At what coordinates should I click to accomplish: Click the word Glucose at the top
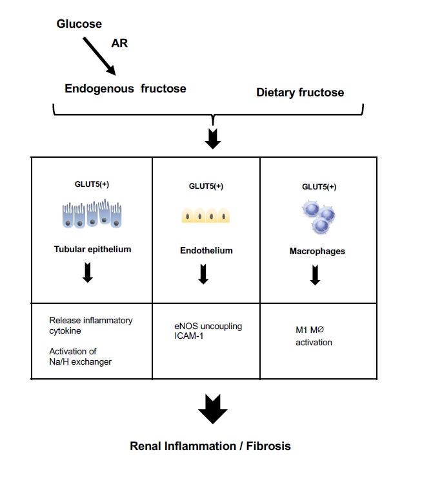79,24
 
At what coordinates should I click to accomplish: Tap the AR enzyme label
119,43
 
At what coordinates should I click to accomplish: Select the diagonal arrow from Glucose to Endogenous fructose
99,56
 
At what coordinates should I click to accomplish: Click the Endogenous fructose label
125,89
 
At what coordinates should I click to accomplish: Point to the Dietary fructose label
300,92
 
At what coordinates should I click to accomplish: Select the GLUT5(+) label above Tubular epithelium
92,184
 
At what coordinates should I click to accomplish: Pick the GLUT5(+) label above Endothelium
206,186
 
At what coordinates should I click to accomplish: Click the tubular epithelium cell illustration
92,215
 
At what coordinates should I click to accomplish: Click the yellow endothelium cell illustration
206,216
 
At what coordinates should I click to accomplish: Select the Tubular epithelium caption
92,250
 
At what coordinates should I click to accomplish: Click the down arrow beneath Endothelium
203,275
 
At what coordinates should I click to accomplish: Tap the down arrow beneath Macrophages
315,275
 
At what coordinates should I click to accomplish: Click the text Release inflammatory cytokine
91,325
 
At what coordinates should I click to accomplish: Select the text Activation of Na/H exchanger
81,356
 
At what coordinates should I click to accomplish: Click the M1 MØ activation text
314,336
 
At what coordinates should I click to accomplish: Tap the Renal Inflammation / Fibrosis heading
210,446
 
